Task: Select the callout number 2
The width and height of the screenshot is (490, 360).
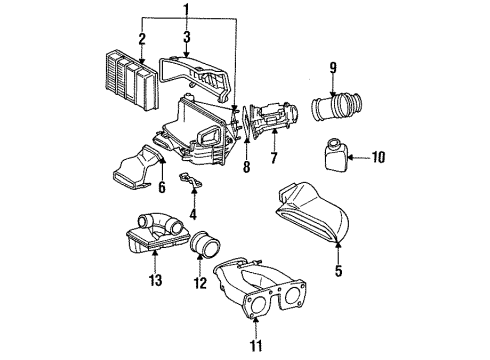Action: pos(142,39)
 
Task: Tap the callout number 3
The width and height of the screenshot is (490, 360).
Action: pos(186,39)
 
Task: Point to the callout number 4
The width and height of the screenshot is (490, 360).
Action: pos(192,212)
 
